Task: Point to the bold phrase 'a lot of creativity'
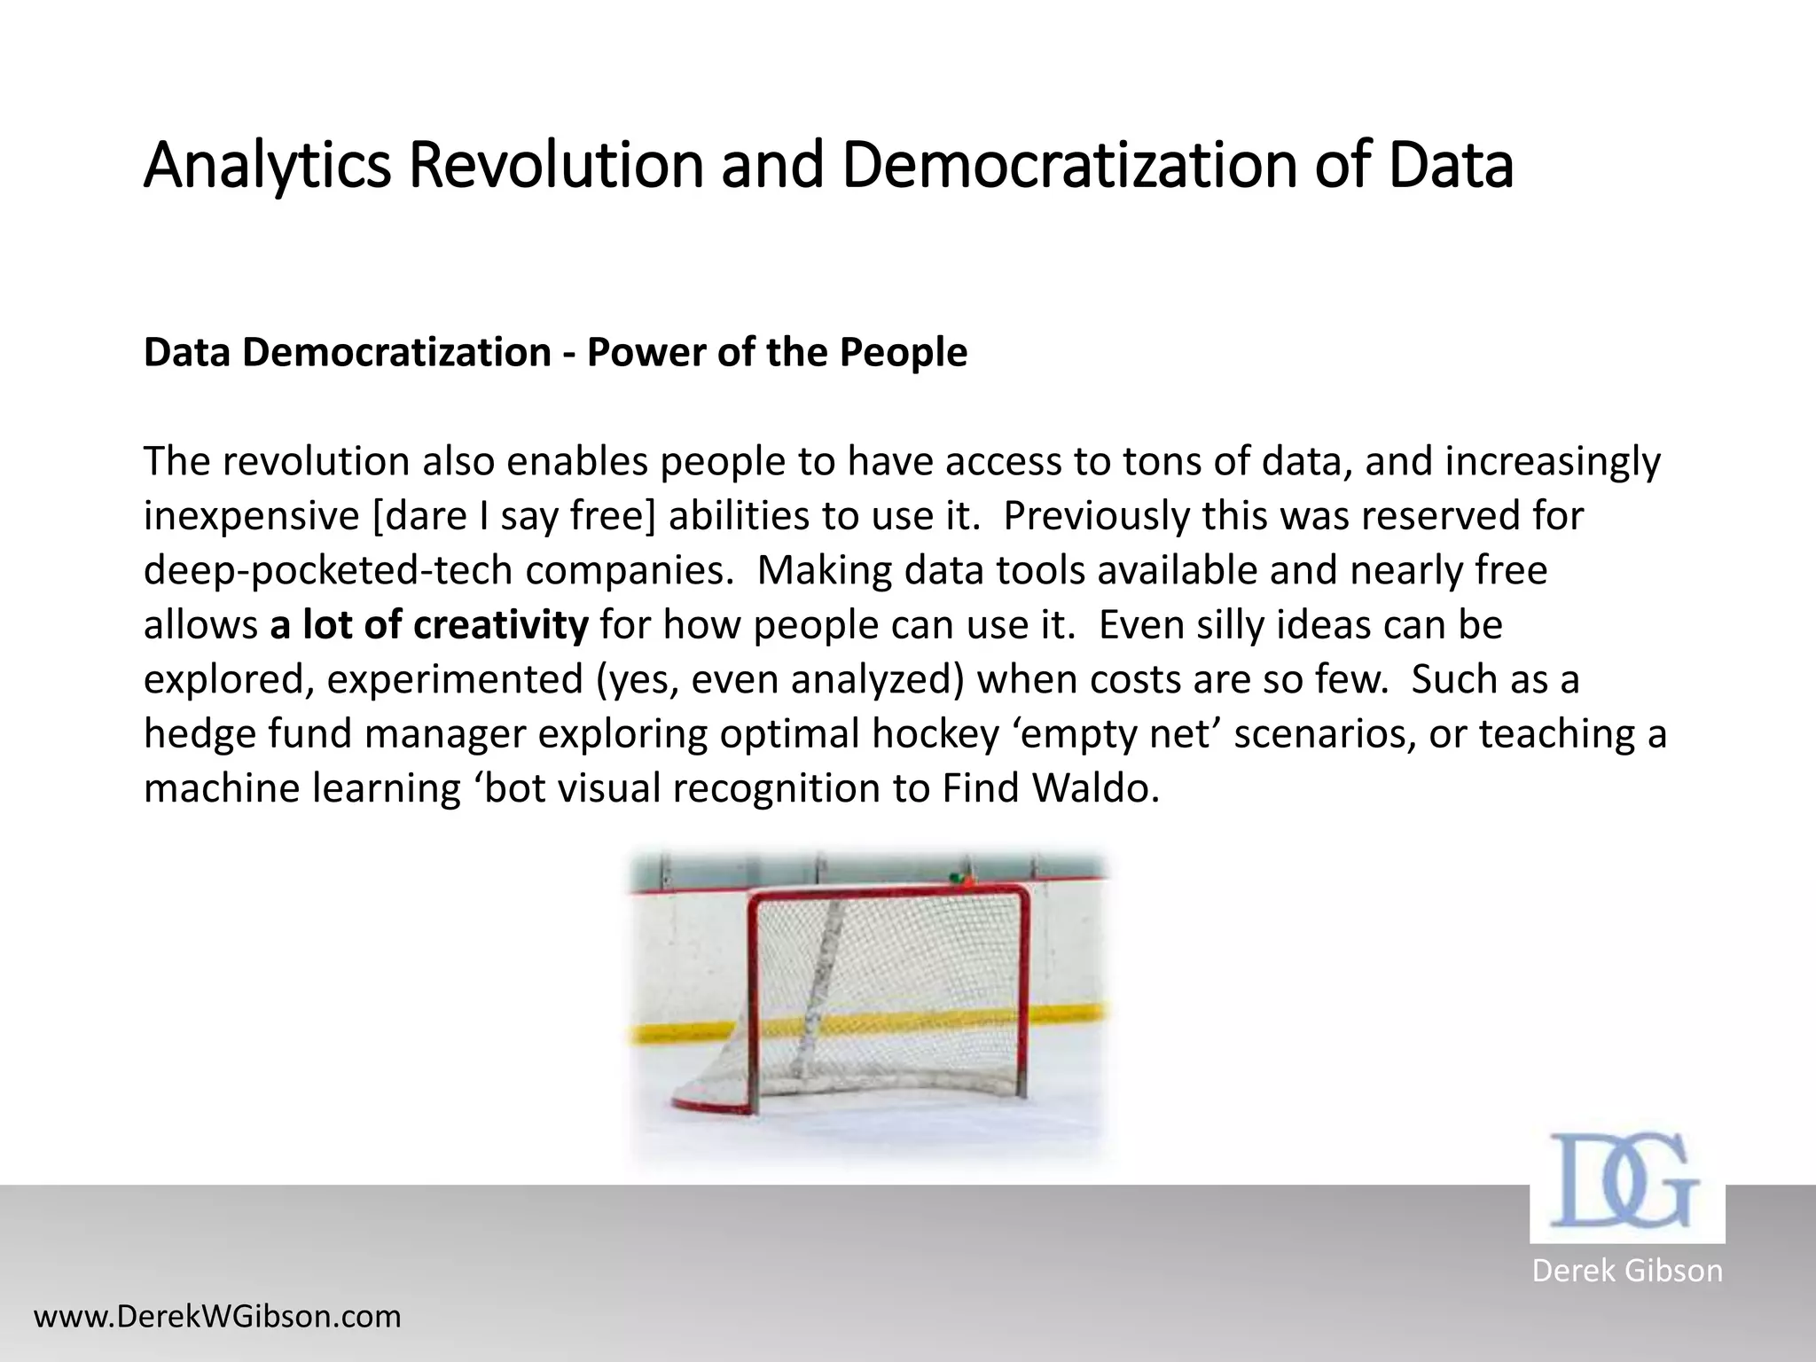(429, 625)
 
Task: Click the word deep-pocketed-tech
(327, 570)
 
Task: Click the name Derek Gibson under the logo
(1626, 1271)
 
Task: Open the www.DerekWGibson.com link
(217, 1316)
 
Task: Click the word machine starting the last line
(222, 788)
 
